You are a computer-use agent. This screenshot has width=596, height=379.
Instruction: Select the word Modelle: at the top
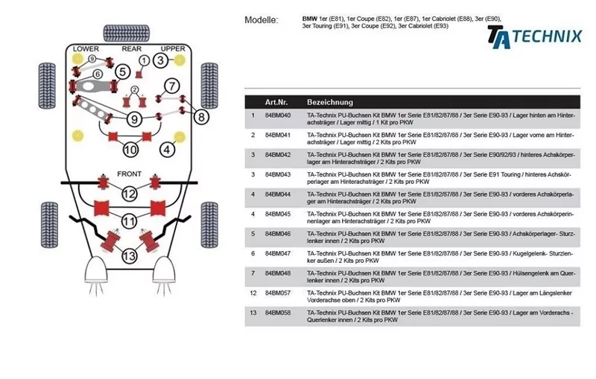coord(261,20)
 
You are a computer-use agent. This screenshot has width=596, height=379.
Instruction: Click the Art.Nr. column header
coord(277,102)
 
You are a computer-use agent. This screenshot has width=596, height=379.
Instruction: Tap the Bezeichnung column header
coord(330,102)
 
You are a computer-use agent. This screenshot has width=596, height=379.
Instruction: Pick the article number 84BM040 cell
coord(278,116)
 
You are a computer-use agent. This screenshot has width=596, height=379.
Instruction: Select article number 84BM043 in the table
coord(278,175)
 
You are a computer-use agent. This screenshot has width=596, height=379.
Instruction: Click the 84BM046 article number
coord(278,234)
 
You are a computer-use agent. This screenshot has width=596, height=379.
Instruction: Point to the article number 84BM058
coord(278,313)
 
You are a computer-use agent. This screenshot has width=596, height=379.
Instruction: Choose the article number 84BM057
coord(278,293)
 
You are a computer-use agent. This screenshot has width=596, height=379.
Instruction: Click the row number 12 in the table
coord(253,293)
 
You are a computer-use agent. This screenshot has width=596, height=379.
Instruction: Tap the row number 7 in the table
coord(253,273)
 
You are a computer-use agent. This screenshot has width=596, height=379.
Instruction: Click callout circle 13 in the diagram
coord(130,256)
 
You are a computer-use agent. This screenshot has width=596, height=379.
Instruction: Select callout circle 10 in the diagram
coord(130,150)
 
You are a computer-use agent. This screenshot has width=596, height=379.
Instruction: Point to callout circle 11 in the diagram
coord(130,221)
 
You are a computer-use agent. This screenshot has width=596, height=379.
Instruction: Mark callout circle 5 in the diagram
coord(123,71)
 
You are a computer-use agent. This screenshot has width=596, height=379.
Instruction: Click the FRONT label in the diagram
coord(129,175)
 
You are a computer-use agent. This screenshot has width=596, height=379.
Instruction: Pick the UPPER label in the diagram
coord(173,49)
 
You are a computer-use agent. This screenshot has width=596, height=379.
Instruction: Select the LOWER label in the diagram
coord(86,49)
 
